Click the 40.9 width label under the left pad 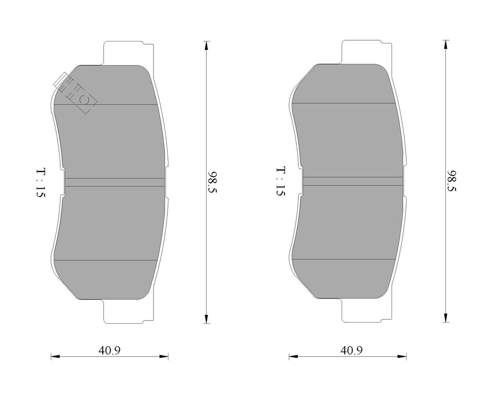(x=109, y=351)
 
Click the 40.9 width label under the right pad (x=352, y=351)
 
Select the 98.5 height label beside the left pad (x=212, y=182)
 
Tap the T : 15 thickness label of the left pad (x=41, y=183)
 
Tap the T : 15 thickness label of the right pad (x=281, y=181)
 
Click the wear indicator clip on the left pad (x=75, y=93)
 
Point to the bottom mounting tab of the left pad (x=128, y=311)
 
